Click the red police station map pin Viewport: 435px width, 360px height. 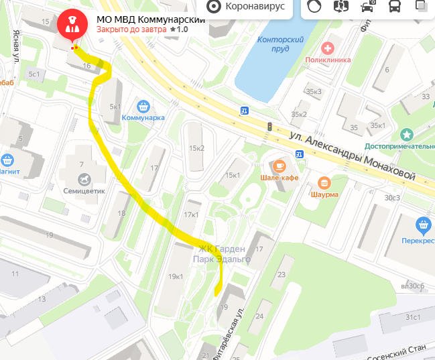pos(70,25)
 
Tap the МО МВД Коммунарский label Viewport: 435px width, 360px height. pos(150,19)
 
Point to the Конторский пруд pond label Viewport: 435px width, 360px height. pos(281,44)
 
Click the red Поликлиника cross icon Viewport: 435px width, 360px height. pos(328,48)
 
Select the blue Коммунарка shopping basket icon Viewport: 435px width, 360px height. pos(143,106)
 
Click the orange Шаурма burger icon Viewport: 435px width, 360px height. pos(324,182)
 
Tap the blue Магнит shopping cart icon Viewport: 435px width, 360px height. pos(7,160)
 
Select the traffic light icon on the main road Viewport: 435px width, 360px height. pos(269,126)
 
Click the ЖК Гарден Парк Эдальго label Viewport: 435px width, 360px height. pos(222,253)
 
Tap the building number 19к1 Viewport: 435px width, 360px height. pos(176,276)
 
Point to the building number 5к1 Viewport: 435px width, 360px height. pos(115,107)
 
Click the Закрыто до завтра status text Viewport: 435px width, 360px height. pos(131,30)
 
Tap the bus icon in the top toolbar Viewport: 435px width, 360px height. pos(395,7)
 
